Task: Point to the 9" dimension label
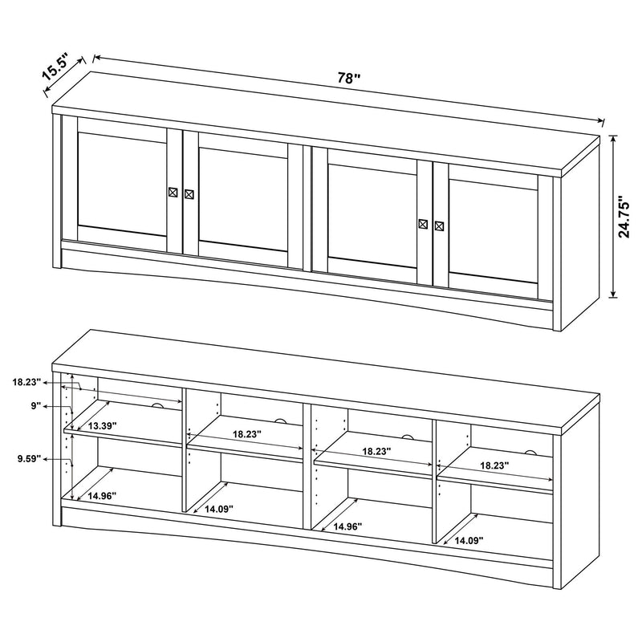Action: pyautogui.click(x=35, y=406)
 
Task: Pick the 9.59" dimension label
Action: pyautogui.click(x=28, y=459)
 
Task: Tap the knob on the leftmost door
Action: pyautogui.click(x=173, y=192)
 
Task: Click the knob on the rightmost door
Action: pyautogui.click(x=439, y=226)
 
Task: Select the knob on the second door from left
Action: pyautogui.click(x=189, y=193)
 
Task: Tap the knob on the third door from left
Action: pyautogui.click(x=423, y=224)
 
